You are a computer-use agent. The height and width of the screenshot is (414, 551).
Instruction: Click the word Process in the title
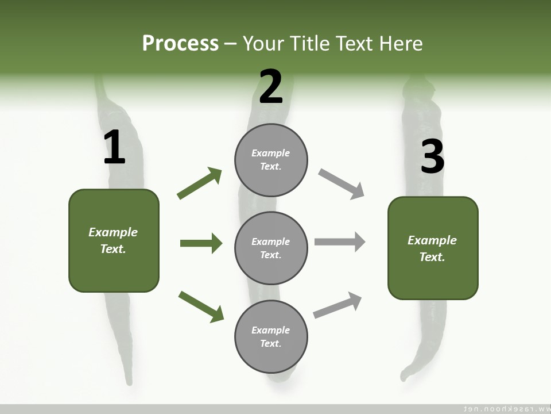click(x=180, y=44)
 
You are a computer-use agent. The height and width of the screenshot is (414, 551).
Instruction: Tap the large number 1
click(x=114, y=147)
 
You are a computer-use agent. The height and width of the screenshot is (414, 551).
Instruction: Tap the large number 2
click(x=271, y=87)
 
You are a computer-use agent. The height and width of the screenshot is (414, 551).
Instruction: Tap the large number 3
click(x=432, y=156)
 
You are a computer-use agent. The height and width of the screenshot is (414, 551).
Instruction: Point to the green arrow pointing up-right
click(x=199, y=183)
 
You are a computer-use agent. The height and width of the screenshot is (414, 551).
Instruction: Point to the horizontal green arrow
click(x=201, y=243)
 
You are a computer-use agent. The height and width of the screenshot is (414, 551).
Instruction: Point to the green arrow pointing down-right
click(x=201, y=306)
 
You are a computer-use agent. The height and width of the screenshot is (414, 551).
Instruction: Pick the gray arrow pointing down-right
click(x=342, y=184)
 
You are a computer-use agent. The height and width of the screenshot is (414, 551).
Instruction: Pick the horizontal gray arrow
click(x=340, y=241)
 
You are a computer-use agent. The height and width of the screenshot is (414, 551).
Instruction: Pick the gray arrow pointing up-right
click(x=337, y=305)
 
